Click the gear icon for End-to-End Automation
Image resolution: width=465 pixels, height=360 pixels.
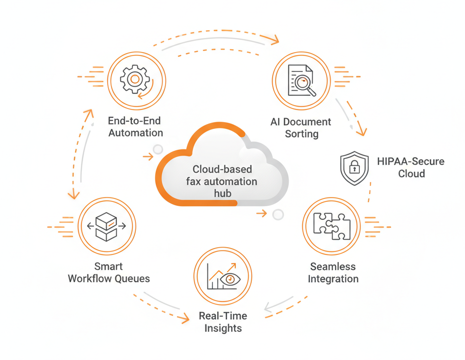(x=136, y=80)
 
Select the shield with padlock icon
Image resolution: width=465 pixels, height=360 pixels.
(x=354, y=168)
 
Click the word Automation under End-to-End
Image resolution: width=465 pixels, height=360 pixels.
(x=136, y=133)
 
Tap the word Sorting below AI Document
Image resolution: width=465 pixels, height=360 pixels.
(x=301, y=134)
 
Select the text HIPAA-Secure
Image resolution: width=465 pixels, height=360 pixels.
(x=410, y=162)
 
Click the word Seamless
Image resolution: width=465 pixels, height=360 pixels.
(x=333, y=267)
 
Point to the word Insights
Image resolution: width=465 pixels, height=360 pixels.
(x=223, y=328)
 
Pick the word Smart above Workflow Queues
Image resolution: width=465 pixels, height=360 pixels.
(x=109, y=267)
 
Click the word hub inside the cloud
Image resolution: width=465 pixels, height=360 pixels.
(x=223, y=193)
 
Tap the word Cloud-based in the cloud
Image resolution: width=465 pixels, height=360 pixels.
(x=223, y=169)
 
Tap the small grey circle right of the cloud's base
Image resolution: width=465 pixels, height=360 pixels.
(x=278, y=214)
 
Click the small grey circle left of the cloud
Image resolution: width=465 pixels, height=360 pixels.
(x=158, y=149)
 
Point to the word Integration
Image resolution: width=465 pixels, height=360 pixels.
(x=333, y=279)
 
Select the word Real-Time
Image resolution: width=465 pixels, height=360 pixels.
(x=223, y=316)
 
